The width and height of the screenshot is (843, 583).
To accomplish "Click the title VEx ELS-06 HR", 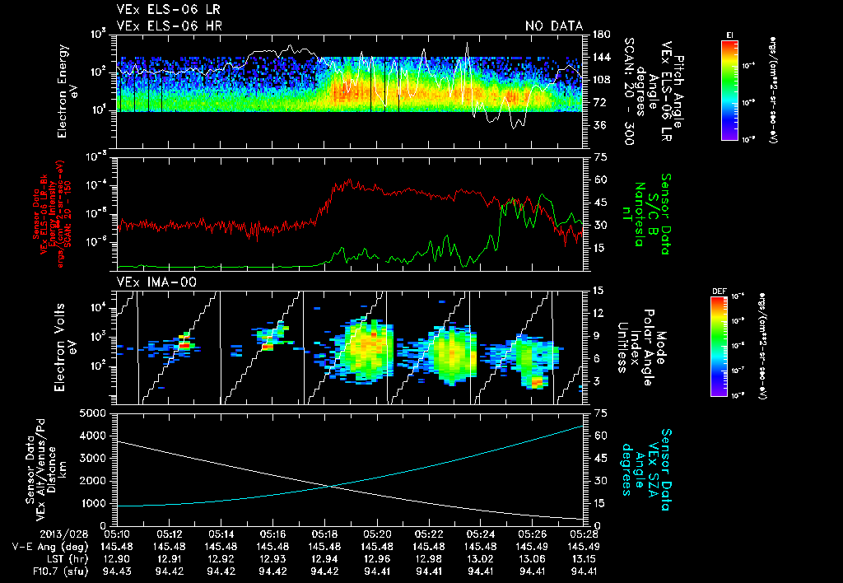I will pyautogui.click(x=170, y=26).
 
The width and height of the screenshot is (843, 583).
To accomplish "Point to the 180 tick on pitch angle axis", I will pyautogui.click(x=598, y=34).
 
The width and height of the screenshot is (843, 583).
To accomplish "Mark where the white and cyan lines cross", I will pyautogui.click(x=330, y=486).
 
